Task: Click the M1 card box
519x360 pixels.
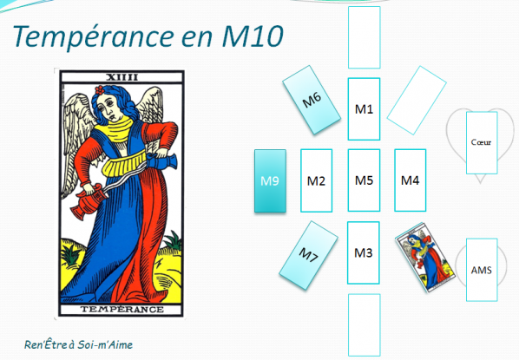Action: click(x=365, y=108)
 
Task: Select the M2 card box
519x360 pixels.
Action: click(x=317, y=180)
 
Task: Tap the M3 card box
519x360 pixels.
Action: click(x=365, y=252)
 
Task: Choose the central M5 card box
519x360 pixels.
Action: click(x=365, y=180)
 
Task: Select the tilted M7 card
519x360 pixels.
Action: click(x=311, y=255)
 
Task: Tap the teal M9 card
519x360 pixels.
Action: click(x=270, y=181)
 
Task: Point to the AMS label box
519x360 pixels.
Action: click(x=481, y=270)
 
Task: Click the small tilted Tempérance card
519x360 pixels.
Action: click(x=424, y=257)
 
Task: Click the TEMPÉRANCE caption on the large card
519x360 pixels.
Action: click(x=121, y=309)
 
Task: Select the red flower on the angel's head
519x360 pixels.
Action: click(x=102, y=90)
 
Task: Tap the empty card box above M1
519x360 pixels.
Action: click(x=365, y=36)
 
